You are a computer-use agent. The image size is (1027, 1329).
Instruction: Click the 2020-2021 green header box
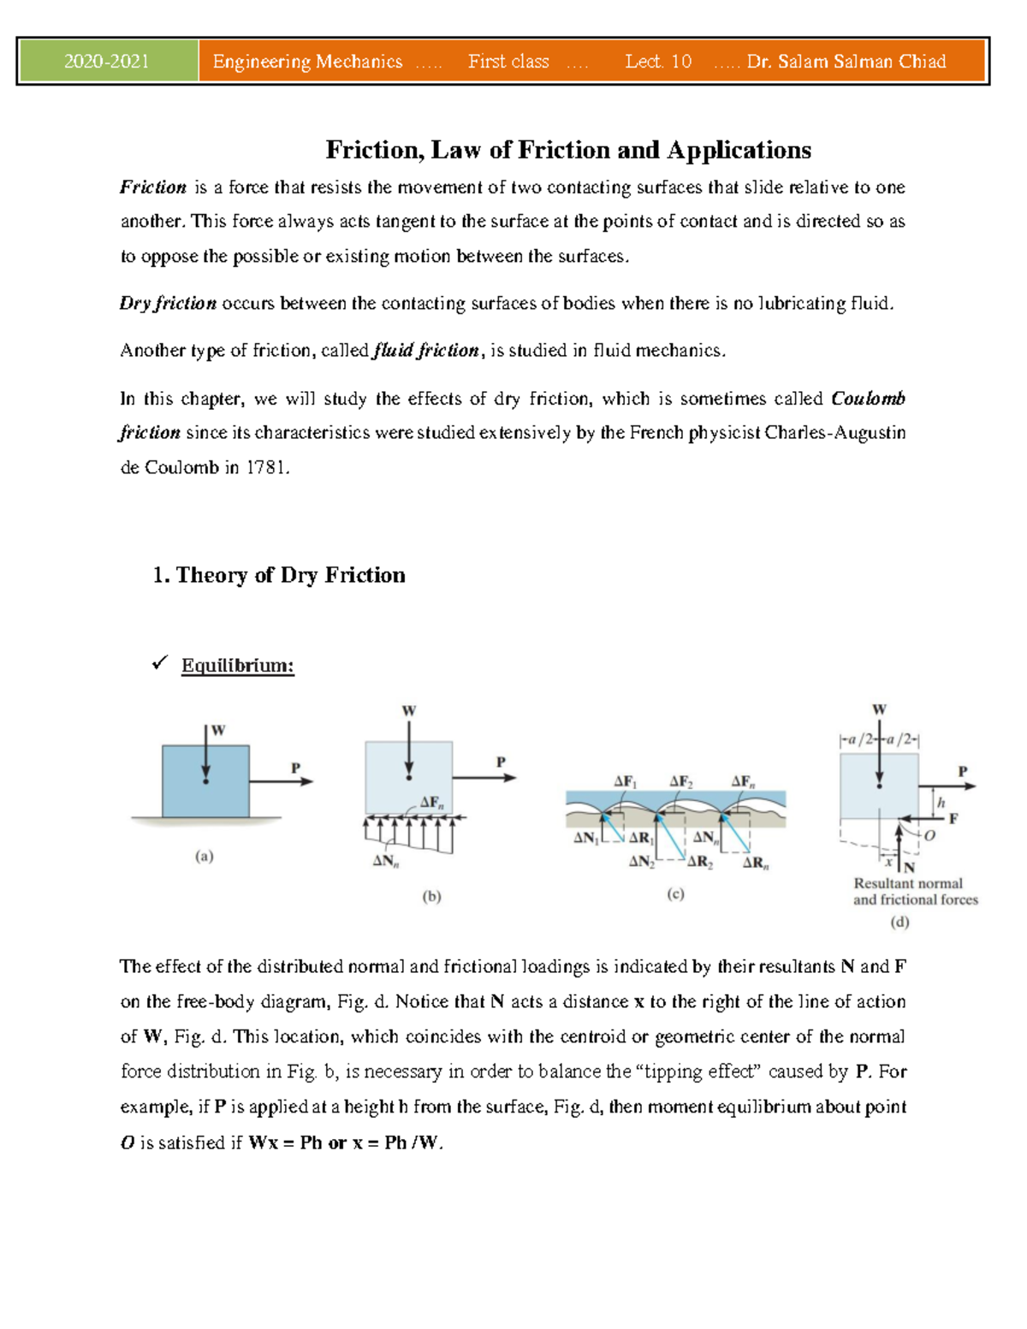click(108, 62)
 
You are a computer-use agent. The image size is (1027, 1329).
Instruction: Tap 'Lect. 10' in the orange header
click(657, 62)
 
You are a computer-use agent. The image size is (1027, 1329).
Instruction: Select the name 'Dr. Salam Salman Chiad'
click(846, 62)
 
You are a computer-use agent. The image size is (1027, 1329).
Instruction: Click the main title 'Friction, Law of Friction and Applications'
click(567, 151)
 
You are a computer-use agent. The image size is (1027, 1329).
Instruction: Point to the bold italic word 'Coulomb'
click(868, 399)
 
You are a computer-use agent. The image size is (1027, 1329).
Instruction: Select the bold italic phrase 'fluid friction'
click(425, 351)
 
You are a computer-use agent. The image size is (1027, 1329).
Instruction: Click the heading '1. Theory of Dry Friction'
click(279, 575)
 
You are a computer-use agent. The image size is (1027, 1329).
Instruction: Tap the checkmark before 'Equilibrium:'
click(159, 663)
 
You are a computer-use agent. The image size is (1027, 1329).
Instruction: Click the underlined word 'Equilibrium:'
click(238, 666)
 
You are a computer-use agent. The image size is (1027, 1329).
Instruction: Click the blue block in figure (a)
click(205, 780)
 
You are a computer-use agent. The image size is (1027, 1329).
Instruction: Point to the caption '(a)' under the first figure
click(204, 856)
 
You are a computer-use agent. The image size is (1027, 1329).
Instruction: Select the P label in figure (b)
click(501, 762)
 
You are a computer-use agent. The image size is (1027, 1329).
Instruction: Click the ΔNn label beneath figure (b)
click(385, 861)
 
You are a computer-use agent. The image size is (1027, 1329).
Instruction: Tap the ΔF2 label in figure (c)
click(680, 781)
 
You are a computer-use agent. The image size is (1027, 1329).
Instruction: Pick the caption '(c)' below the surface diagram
click(675, 893)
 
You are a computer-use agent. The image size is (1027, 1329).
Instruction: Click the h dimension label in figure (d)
click(941, 803)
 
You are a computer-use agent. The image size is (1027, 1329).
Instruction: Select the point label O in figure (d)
click(929, 835)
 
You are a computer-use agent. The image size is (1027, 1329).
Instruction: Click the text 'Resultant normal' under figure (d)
click(908, 883)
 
